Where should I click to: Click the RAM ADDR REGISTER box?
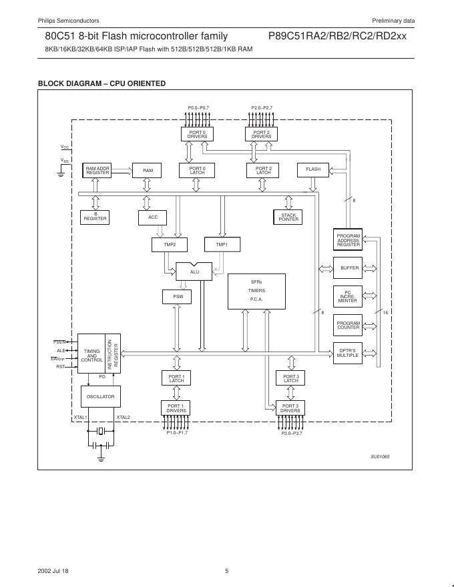(x=97, y=170)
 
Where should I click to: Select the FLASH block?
(x=313, y=169)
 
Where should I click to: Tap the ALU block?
(x=194, y=271)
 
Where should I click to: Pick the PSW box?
(x=178, y=296)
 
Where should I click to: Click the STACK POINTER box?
(x=288, y=217)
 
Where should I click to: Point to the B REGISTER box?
(x=95, y=217)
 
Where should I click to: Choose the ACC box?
(x=153, y=217)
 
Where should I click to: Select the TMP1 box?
(x=222, y=245)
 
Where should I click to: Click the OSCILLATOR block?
(x=101, y=396)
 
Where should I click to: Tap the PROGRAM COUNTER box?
(x=348, y=325)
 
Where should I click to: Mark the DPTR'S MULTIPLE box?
(x=348, y=353)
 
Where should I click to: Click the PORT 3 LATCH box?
(x=290, y=378)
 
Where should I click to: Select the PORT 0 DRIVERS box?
(x=197, y=134)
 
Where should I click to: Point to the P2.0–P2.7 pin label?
(x=262, y=107)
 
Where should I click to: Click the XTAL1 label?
(x=81, y=418)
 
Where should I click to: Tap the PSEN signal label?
(x=59, y=342)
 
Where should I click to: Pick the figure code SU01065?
(x=380, y=456)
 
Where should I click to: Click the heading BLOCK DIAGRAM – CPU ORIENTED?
(x=101, y=83)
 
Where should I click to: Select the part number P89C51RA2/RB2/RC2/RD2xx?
(x=337, y=37)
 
